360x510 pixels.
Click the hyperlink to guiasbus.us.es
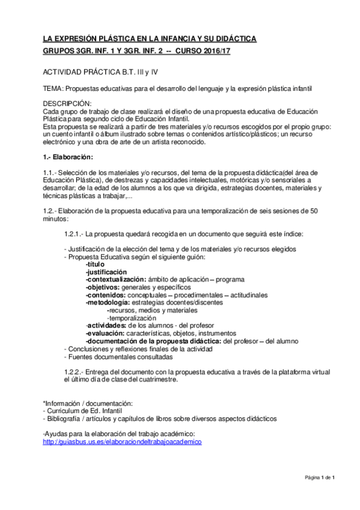pyautogui.click(x=122, y=441)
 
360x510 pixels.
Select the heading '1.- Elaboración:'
pyautogui.click(x=68, y=157)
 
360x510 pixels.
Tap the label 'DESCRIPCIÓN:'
pyautogui.click(x=67, y=103)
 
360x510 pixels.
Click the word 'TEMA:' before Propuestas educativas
pyautogui.click(x=53, y=88)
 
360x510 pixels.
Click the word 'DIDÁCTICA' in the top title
pyautogui.click(x=233, y=38)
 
